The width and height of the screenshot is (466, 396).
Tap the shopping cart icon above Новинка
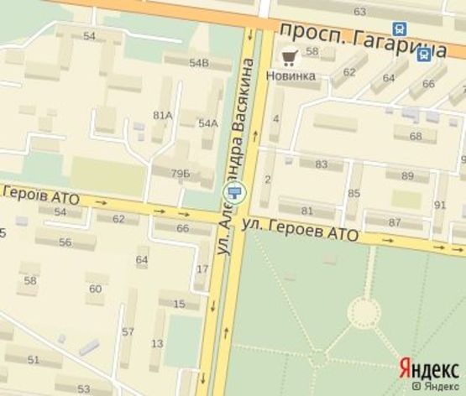coord(290,58)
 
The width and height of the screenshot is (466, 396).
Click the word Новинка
coord(291,76)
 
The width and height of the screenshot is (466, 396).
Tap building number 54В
coord(198,63)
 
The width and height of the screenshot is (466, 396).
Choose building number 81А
coord(162,115)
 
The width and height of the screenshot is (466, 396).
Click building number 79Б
coord(181,173)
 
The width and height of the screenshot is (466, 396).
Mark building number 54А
coord(208,122)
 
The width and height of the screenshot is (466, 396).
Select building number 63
coord(360,11)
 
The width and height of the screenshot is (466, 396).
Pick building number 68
coord(416,136)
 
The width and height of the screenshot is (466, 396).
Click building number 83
coord(321,164)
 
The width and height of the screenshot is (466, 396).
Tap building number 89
coord(408,175)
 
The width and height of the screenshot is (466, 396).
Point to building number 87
coord(395,222)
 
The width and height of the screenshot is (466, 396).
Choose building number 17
coord(202,268)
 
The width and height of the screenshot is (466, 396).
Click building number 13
coord(157,343)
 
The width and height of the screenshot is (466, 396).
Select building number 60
coord(95,289)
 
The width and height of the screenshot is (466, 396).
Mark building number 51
coord(34,359)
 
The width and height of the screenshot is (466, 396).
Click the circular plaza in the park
coord(363,313)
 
